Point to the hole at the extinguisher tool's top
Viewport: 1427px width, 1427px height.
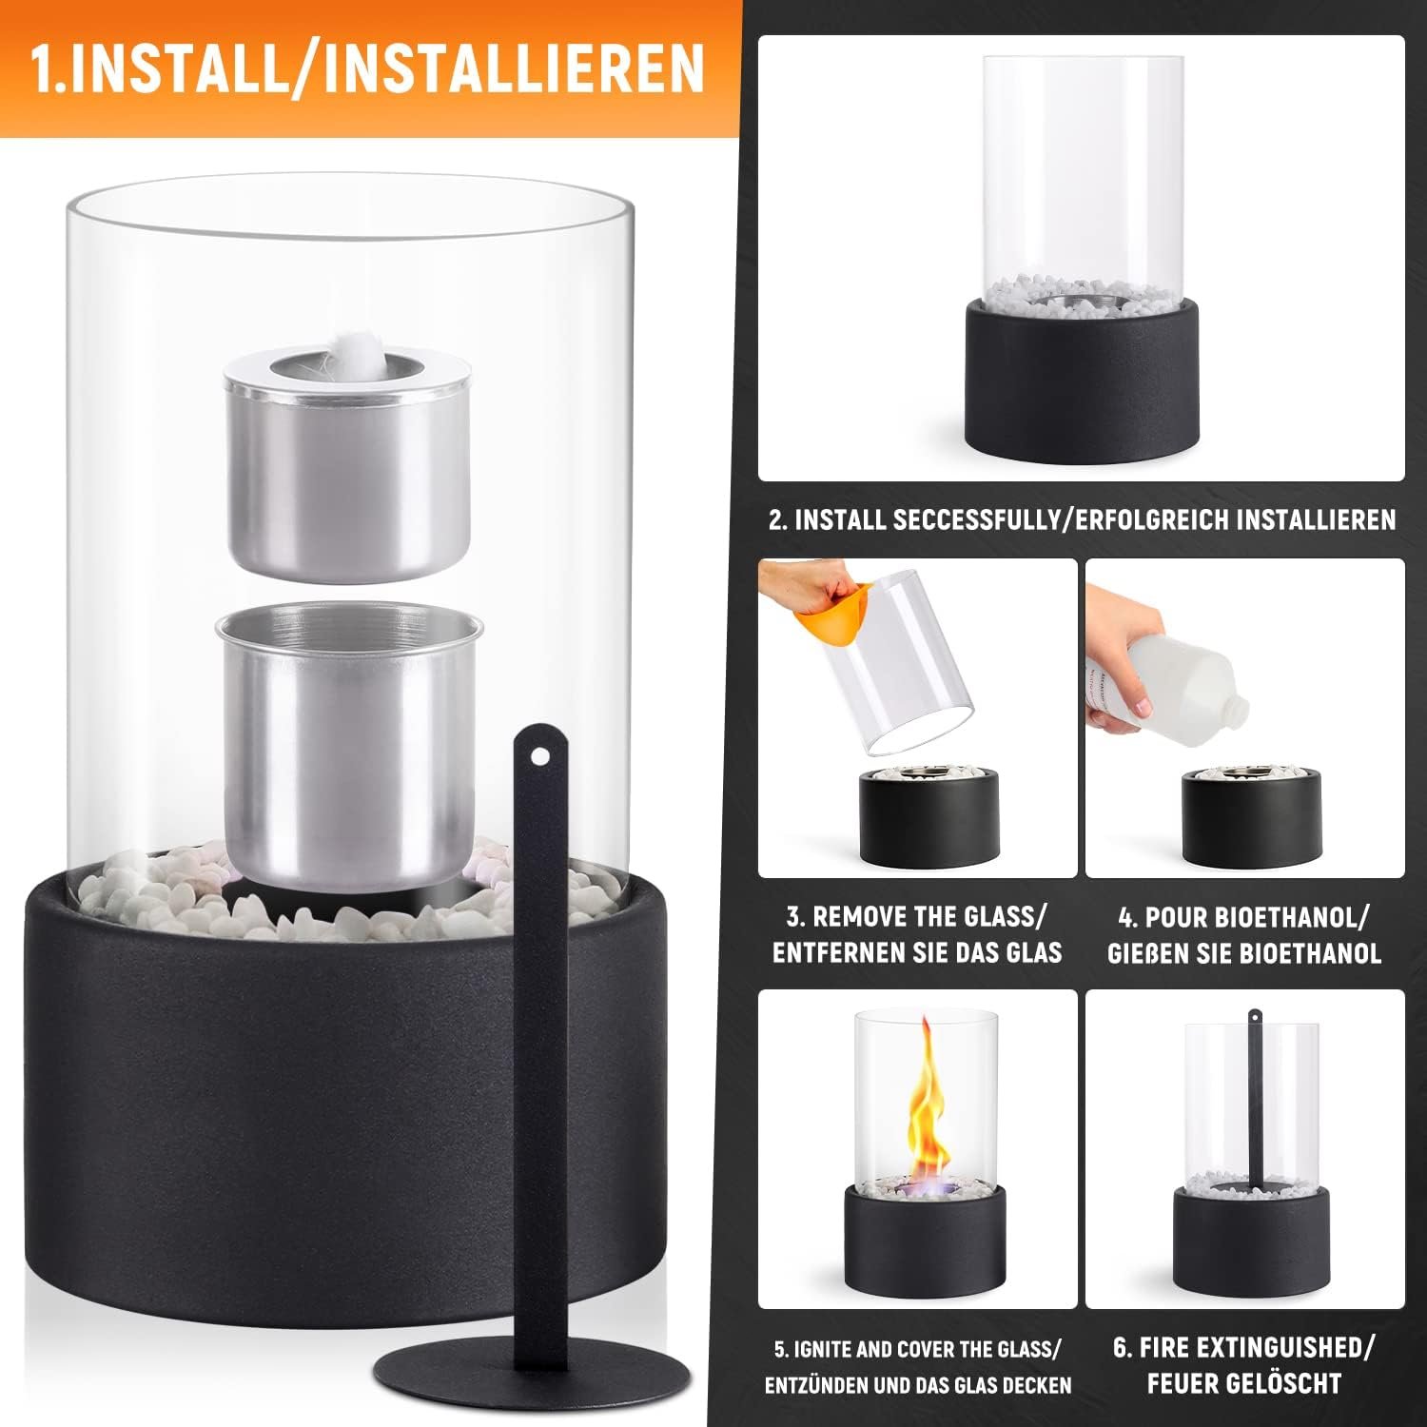(x=541, y=756)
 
